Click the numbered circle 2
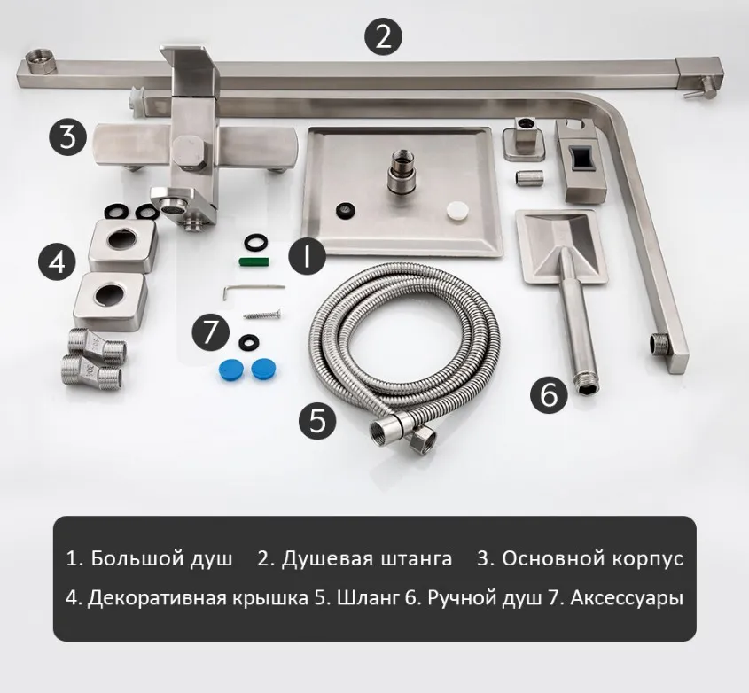(x=384, y=36)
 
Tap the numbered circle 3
(x=68, y=137)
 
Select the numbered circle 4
(x=58, y=261)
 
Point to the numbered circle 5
(x=317, y=421)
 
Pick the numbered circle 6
(x=550, y=394)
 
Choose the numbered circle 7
(x=211, y=332)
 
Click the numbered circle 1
(x=308, y=255)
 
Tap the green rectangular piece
(x=254, y=261)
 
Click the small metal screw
(x=262, y=315)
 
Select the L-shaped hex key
(x=254, y=289)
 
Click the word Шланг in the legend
(x=367, y=598)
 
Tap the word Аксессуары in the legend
(x=627, y=598)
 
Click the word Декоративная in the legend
(x=157, y=598)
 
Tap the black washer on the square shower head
(x=346, y=209)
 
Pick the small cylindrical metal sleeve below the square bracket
(x=529, y=177)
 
